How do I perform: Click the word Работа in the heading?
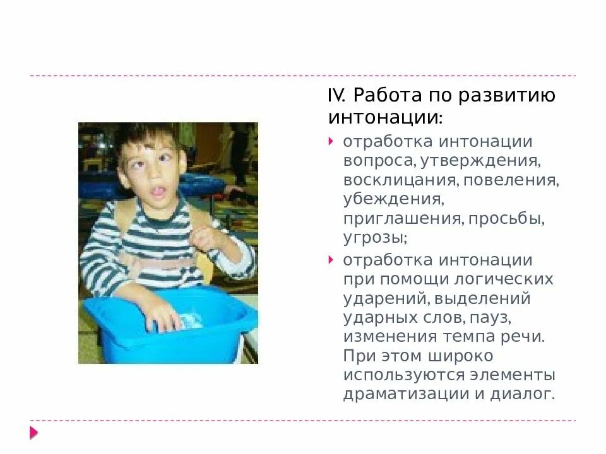click(x=379, y=96)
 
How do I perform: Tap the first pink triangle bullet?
click(x=331, y=141)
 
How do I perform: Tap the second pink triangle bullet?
click(x=331, y=259)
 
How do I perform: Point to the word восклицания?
click(x=400, y=181)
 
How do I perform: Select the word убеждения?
click(x=392, y=201)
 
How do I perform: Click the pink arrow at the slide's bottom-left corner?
click(x=33, y=433)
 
